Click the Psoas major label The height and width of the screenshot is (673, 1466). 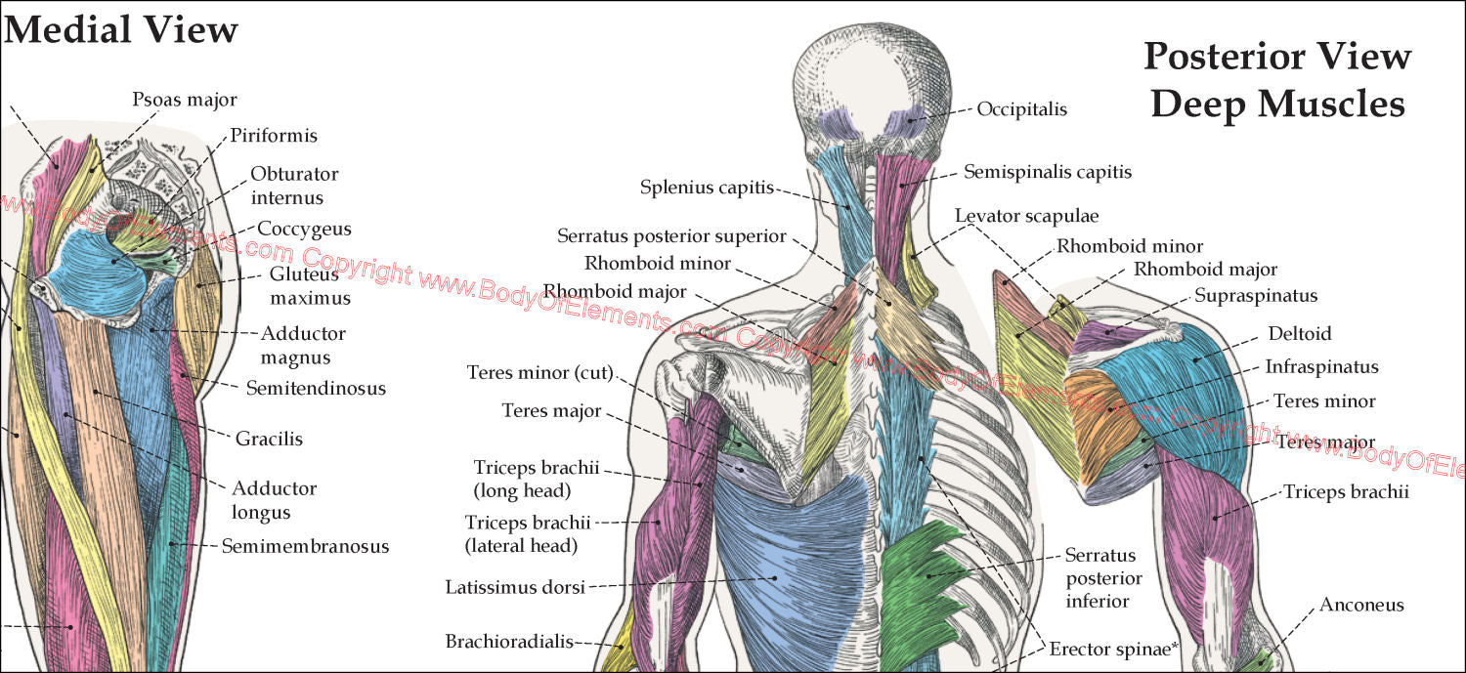click(185, 100)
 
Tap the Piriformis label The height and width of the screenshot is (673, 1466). click(274, 136)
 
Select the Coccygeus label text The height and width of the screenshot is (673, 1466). click(304, 229)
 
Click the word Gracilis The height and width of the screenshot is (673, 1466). click(269, 439)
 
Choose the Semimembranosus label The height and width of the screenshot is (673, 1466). click(305, 546)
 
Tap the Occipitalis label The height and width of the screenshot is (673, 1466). click(1021, 109)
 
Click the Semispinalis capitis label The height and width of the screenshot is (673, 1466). click(1048, 172)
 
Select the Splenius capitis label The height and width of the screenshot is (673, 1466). click(708, 188)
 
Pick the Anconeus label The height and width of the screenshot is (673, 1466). click(1361, 605)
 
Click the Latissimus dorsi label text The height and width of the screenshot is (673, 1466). click(514, 587)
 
